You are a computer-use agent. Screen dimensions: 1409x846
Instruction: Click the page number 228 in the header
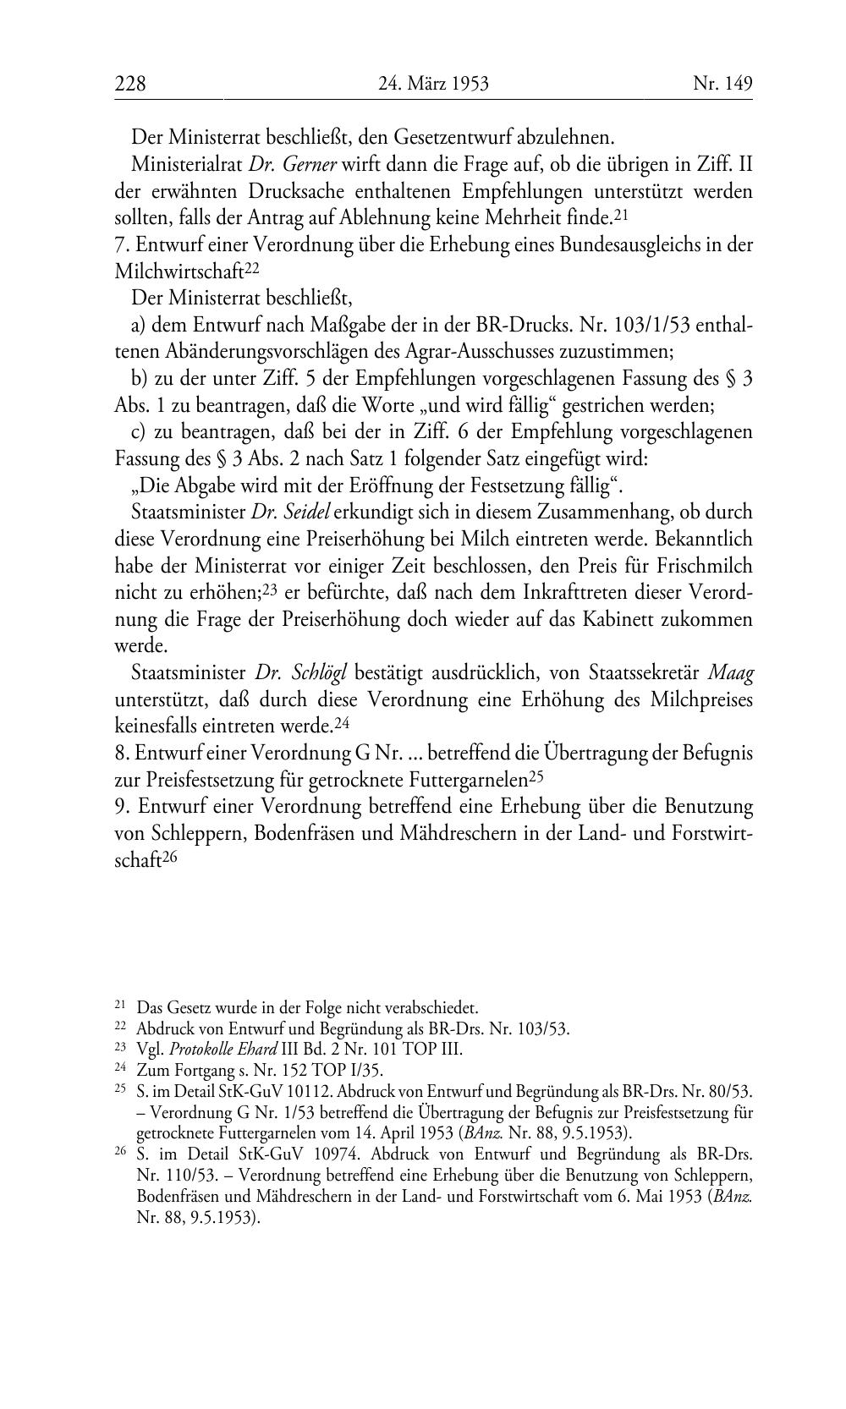[x=130, y=84]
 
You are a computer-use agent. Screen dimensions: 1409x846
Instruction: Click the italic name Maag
[x=729, y=673]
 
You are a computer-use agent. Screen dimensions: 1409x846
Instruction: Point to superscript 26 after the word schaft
[x=169, y=857]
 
